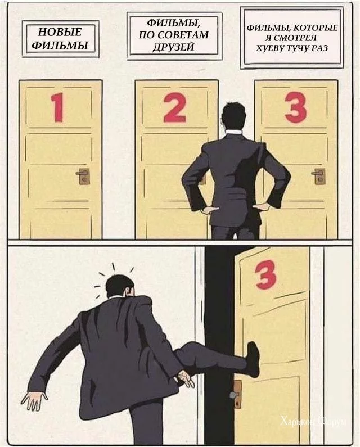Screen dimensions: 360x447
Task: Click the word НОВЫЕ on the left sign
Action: [x=60, y=32]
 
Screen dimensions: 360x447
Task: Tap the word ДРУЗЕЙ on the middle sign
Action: [x=173, y=47]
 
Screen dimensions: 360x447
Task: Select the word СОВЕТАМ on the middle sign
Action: [x=183, y=35]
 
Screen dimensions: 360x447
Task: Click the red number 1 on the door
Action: [x=57, y=108]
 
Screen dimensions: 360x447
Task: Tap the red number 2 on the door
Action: [x=175, y=107]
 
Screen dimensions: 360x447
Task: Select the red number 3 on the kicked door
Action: [x=265, y=275]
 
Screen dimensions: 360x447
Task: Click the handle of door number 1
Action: [x=83, y=176]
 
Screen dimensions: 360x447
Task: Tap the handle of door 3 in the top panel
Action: [x=318, y=176]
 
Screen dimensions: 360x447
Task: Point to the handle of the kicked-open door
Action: [x=236, y=394]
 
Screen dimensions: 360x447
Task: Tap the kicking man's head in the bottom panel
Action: [x=120, y=286]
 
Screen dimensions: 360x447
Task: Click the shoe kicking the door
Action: [x=253, y=359]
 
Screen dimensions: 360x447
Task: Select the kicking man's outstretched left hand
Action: [x=34, y=400]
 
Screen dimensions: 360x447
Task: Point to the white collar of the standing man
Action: [x=233, y=133]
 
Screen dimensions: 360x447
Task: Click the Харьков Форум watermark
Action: [x=313, y=421]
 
